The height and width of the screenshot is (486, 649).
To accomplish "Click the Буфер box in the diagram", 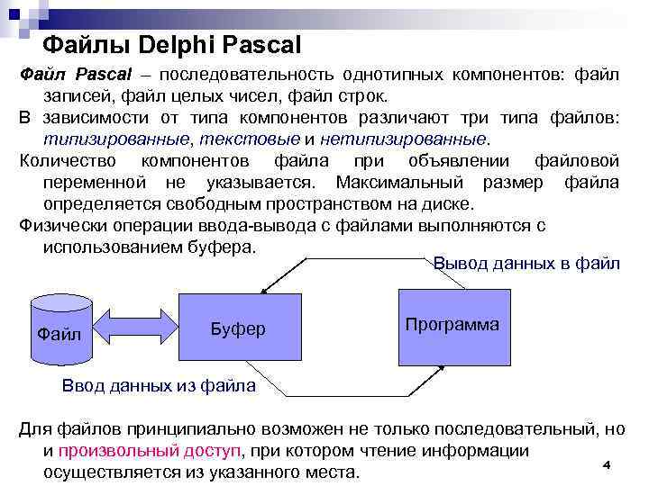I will tap(237, 328).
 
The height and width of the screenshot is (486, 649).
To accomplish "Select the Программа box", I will tap(452, 324).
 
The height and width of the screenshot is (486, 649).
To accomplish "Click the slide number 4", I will tap(607, 464).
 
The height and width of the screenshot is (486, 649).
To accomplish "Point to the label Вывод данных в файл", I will tap(526, 264).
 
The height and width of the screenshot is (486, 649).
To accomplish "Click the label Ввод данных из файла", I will tap(158, 386).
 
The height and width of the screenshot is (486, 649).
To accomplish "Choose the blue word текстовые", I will tap(250, 139).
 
